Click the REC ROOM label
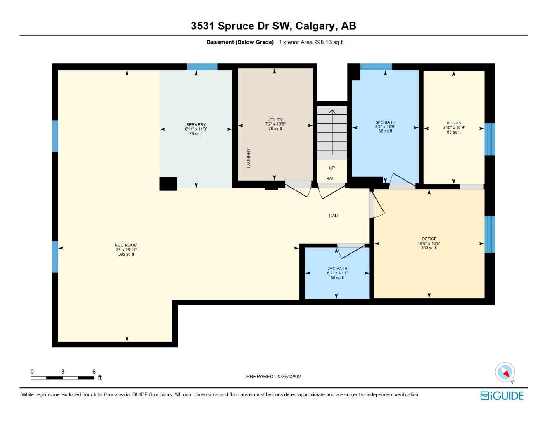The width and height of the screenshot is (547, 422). point(126,245)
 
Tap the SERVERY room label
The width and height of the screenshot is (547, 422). point(196,125)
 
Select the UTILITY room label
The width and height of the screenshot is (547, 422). point(275,120)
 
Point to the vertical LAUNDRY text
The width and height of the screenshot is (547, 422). point(249,158)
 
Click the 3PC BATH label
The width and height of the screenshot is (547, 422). point(385,122)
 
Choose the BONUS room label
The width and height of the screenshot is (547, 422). point(454,123)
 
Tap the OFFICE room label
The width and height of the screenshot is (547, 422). point(429,239)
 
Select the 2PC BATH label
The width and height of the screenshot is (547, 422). point(337,269)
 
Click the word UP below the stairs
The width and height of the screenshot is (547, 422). point(332,168)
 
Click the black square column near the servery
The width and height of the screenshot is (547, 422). point(168,184)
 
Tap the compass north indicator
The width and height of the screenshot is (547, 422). point(505,373)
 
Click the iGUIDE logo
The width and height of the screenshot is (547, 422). point(502,396)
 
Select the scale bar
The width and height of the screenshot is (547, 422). point(63,377)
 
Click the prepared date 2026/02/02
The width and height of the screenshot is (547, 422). point(273,377)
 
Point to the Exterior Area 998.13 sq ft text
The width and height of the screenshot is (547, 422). point(311,42)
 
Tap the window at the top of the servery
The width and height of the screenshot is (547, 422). point(202,67)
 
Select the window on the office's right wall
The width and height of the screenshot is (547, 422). point(489,234)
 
